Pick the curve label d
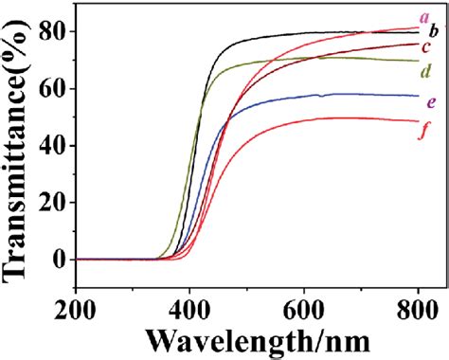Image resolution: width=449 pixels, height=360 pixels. coord(428,71)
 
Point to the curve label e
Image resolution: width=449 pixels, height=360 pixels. coord(431,101)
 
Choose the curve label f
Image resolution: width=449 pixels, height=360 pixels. coord(429,131)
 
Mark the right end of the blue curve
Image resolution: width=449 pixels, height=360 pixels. coord(418,96)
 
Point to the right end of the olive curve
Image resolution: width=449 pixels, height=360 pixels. coord(418,61)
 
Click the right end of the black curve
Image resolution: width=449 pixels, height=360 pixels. coord(418,31)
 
